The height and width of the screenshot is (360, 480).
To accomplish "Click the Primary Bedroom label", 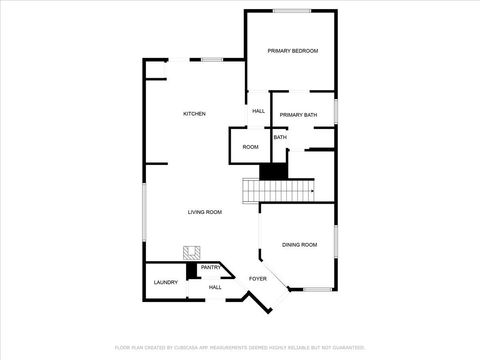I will point(292,50).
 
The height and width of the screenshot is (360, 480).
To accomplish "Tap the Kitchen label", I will point(194,114).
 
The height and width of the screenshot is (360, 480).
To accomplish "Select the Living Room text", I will point(204,212).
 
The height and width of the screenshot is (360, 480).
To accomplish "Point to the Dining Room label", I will point(299,244).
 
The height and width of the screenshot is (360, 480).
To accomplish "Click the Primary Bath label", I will point(298,115).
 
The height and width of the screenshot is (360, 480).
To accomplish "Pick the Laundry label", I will point(166,282).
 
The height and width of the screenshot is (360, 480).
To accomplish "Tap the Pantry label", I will point(211,268).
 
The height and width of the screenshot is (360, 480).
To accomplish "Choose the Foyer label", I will point(258,279).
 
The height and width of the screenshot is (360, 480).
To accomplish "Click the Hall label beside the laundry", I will point(215,287).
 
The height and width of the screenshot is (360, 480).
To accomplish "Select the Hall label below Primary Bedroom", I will point(258,111).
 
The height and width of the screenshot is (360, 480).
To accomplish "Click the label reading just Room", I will point(250,147).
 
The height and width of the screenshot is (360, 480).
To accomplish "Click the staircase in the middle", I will point(277,189).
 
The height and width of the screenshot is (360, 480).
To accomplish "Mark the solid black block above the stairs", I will point(273,171).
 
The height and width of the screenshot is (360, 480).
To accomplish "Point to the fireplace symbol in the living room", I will point(188,253).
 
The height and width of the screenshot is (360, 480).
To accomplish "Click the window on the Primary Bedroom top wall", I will point(292,11).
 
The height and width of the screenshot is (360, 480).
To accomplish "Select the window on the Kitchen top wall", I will point(212,60).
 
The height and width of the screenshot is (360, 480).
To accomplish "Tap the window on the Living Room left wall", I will point(144,220).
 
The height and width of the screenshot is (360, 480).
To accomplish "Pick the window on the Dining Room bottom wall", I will point(317,290).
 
